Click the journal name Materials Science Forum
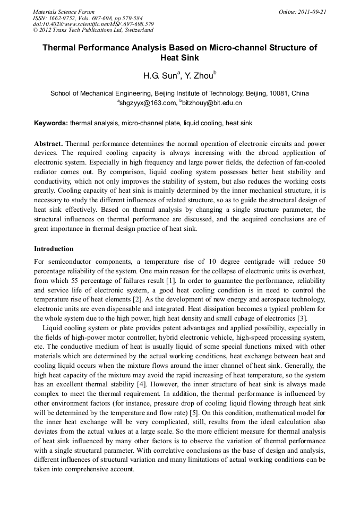point(64,12)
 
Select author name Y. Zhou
point(197,75)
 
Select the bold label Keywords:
point(51,123)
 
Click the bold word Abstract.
point(49,144)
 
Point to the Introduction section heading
point(54,248)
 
